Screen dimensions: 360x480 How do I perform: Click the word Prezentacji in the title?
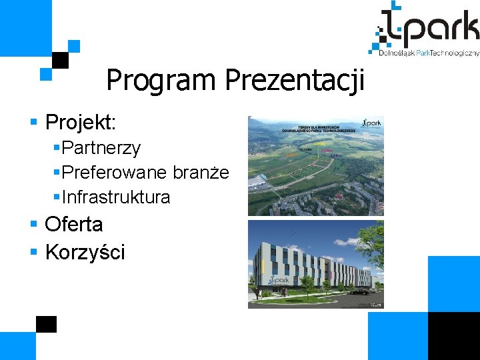point(295,81)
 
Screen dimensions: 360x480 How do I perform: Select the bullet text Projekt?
point(81,122)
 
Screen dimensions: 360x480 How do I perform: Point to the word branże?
point(201,173)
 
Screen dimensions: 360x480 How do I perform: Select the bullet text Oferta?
point(73,224)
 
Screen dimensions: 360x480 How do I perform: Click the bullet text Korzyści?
point(85,252)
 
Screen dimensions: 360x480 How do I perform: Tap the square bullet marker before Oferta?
point(35,225)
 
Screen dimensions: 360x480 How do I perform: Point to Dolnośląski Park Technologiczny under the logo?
point(425,53)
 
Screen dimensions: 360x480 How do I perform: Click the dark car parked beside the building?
point(360,291)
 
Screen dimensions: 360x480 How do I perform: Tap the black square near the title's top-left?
point(61,60)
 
